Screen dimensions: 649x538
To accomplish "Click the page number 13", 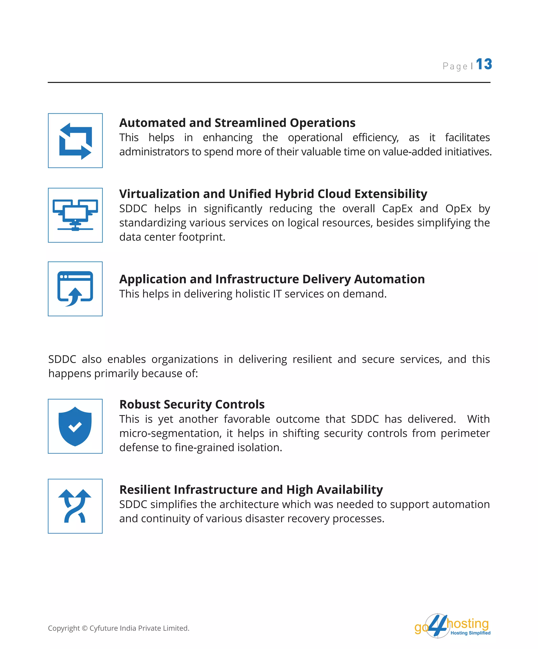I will coord(484,64).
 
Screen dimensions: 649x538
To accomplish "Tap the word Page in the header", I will coord(455,66).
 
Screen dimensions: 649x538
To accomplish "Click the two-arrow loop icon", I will coord(75,141).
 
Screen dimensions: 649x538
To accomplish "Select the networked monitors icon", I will coord(75,215).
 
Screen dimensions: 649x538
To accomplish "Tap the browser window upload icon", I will coord(75,289).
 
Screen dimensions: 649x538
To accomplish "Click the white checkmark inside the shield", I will coord(75,427).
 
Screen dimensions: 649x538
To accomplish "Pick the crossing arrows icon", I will coord(75,506).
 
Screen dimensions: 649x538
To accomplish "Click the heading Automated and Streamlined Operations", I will coord(237,123).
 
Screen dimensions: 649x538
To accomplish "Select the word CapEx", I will coord(397,209).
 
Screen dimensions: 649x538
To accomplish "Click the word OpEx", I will coord(458,209).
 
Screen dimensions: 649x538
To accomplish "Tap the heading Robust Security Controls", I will coord(192,404).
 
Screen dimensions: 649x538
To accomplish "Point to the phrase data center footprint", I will coord(172,237).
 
